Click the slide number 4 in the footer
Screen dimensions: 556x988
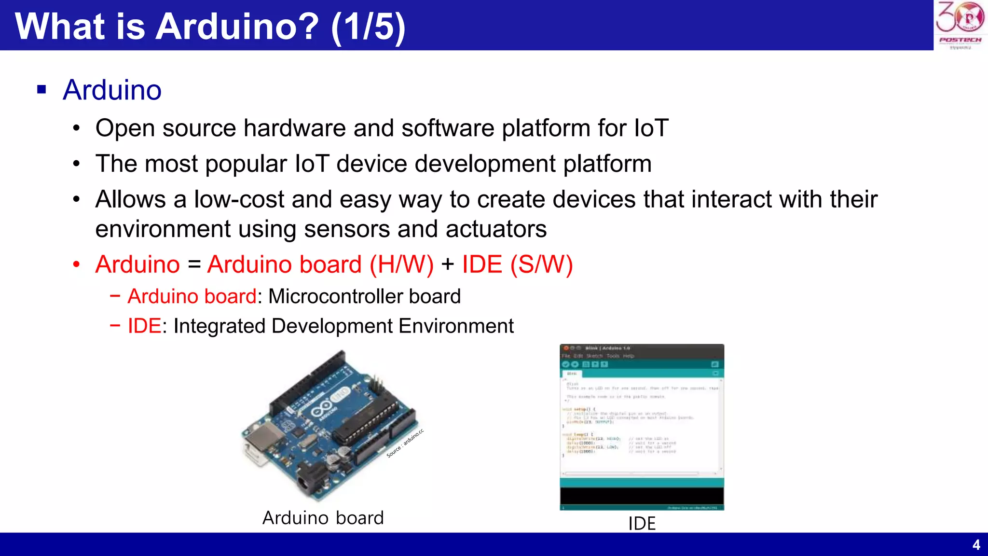point(976,545)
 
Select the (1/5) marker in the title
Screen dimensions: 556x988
point(368,27)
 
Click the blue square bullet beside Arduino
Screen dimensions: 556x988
point(41,89)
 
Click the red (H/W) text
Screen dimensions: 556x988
point(401,265)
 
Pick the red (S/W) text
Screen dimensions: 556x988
point(541,265)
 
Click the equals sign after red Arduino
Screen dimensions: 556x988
point(194,265)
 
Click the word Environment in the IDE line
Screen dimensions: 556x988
point(456,326)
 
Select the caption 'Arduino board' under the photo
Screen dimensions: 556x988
point(323,518)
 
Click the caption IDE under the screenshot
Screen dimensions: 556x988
point(642,524)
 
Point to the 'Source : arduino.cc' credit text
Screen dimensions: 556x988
point(405,444)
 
